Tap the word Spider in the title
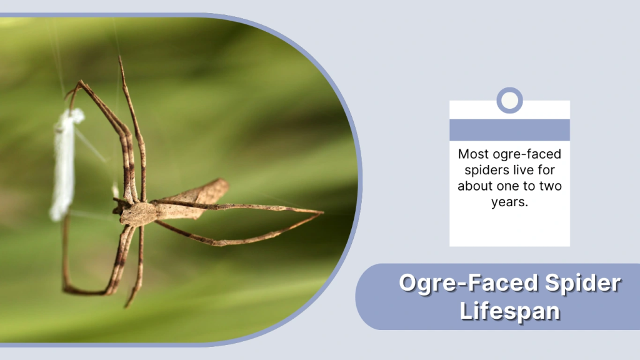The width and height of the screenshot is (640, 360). tap(585, 283)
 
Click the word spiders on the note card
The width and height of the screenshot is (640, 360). tap(480, 169)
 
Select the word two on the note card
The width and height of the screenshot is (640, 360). tap(547, 186)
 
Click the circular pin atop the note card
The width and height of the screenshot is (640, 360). tap(509, 100)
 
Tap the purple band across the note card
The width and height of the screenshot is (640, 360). tap(509, 129)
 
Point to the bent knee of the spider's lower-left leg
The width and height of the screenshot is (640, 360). tap(66, 288)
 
